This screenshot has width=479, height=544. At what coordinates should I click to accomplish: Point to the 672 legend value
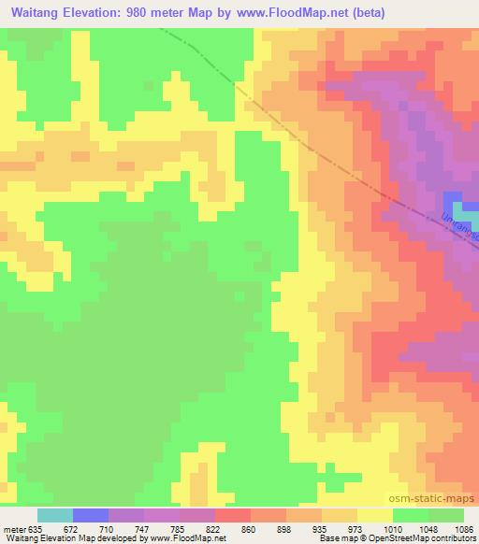pyautogui.click(x=72, y=529)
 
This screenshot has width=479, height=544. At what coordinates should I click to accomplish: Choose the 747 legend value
pyautogui.click(x=144, y=529)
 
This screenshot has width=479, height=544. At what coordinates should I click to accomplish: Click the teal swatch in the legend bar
pyautogui.click(x=55, y=515)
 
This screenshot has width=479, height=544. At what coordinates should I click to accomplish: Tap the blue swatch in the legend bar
pyautogui.click(x=91, y=515)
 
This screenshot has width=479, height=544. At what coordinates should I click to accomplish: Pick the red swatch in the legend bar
pyautogui.click(x=233, y=515)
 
